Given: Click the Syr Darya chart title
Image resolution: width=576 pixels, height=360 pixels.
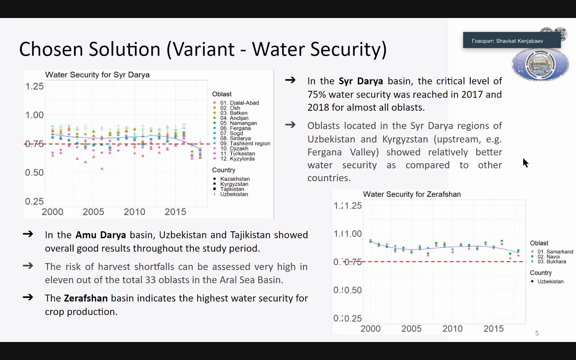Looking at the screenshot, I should pos(97,75).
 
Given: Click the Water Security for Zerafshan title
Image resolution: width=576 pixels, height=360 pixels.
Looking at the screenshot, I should pos(412,194).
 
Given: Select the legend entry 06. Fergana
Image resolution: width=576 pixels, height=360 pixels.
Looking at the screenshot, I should pos(235,128).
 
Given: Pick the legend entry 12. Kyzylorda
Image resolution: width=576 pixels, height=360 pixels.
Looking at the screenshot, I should pos(237,159).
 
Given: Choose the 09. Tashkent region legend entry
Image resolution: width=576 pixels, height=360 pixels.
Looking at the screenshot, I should pos(245,144).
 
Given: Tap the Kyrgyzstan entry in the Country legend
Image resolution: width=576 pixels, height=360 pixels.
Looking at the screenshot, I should pos(234,184).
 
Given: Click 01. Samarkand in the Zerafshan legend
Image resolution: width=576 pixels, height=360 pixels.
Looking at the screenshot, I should pos(555,252).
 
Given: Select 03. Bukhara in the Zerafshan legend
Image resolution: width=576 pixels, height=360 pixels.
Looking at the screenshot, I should pos(552,262).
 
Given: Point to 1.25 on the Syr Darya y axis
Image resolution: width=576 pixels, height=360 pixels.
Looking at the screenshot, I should pos(34,86).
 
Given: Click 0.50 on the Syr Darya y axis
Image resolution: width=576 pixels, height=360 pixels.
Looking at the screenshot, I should pos(34,172).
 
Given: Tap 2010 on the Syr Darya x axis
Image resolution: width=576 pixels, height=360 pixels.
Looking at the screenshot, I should pos(134,212).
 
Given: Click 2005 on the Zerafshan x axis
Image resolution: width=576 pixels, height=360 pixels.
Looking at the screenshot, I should pos(411,329).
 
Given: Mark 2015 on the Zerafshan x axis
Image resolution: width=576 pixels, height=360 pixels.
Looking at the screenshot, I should pos(493,329).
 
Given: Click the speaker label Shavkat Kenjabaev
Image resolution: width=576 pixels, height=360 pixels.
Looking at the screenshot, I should pos(508,41).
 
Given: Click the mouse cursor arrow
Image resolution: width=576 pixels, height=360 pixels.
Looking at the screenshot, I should pos(525,162).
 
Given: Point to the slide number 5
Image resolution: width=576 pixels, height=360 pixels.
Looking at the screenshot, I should pos(537,333).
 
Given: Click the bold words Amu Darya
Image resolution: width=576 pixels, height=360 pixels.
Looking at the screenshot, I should pos(101,235).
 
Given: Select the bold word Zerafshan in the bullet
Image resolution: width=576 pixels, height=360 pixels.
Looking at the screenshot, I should pos(86,298).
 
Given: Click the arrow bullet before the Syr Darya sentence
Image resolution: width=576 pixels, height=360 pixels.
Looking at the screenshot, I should pos(290,80).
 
